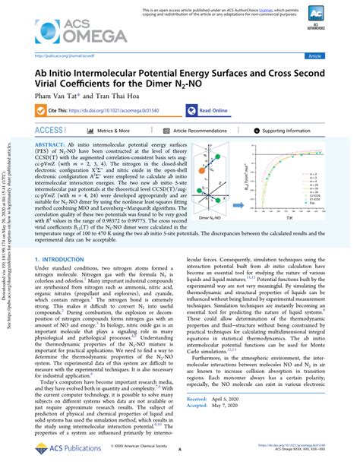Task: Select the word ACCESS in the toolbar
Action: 49,131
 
